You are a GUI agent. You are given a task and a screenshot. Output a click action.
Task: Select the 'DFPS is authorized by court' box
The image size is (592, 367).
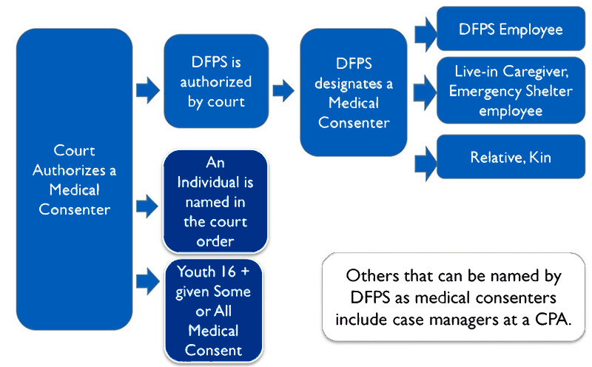pyautogui.click(x=215, y=81)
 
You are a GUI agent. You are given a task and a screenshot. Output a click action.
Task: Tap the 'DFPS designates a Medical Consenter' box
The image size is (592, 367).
pyautogui.click(x=353, y=92)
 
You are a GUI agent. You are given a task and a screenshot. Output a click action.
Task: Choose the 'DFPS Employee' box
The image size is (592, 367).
pyautogui.click(x=511, y=30)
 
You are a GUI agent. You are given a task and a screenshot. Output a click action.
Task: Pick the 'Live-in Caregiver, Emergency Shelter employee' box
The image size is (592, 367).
pyautogui.click(x=511, y=91)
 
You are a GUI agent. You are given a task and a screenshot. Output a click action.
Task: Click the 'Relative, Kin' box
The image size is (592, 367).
pyautogui.click(x=511, y=158)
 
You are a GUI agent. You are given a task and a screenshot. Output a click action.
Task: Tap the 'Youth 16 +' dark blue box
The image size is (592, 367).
pyautogui.click(x=215, y=309)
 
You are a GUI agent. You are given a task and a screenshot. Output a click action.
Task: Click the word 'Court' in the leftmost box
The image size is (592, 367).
pyautogui.click(x=74, y=151)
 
